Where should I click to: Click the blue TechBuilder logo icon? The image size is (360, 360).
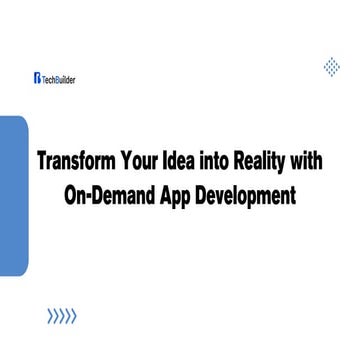36,76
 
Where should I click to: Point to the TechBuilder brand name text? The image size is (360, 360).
60,76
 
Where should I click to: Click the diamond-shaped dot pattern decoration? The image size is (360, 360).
332,67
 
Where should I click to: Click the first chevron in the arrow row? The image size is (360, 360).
50,318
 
